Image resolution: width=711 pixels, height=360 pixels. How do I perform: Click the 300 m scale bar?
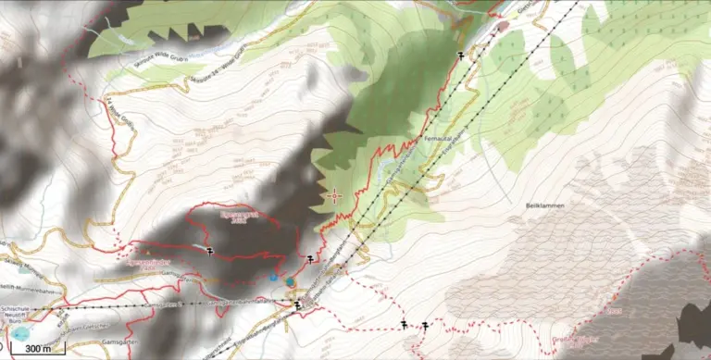38,350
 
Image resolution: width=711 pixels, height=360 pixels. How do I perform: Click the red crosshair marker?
335,195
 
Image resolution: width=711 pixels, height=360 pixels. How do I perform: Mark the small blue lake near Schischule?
20,330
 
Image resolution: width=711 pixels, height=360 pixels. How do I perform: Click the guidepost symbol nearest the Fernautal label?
460,56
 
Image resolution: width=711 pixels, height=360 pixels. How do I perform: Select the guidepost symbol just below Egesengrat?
211,250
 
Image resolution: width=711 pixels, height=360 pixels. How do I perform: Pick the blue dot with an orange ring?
289,281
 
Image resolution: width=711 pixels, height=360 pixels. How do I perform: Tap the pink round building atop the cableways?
503,26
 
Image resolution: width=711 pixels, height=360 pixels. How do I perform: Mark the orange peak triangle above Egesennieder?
144,250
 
